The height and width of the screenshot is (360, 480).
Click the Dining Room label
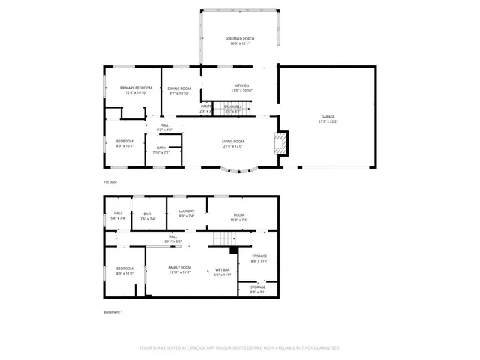click(x=179, y=90)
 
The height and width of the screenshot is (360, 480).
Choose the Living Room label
click(x=232, y=143)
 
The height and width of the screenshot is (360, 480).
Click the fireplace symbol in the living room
click(x=280, y=144)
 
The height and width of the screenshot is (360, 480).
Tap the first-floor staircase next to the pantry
click(x=233, y=109)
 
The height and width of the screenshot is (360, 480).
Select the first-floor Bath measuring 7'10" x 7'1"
click(x=161, y=149)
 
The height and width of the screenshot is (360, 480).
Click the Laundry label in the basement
click(x=187, y=213)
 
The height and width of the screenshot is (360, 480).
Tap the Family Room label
click(x=179, y=269)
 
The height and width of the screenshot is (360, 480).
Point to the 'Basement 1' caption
click(x=112, y=312)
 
